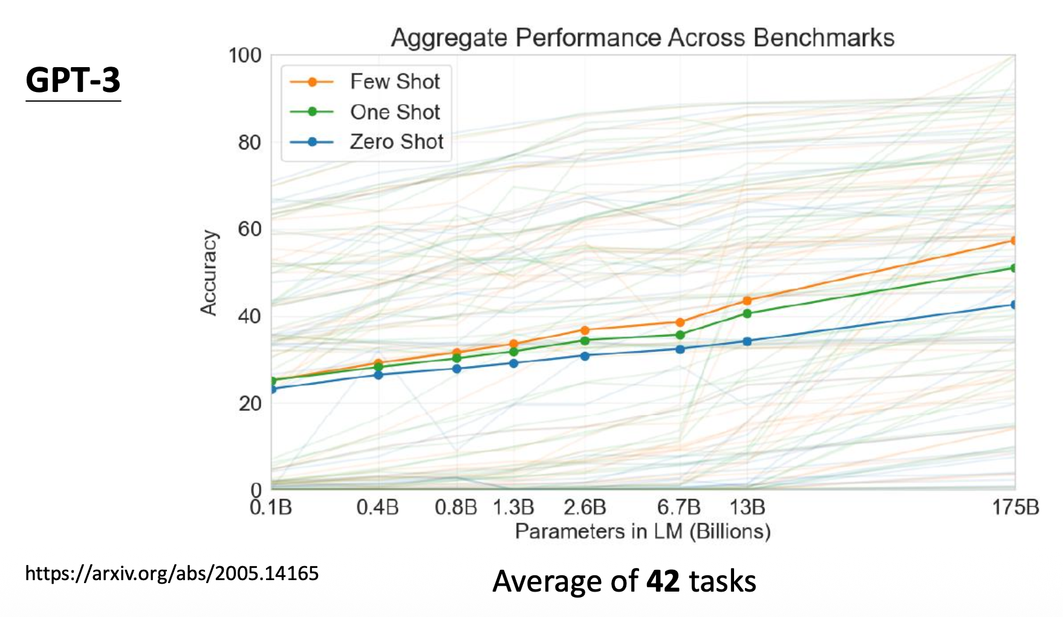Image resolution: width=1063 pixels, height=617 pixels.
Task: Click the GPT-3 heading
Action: (73, 80)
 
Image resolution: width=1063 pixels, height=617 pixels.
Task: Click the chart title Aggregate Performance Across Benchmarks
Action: (642, 38)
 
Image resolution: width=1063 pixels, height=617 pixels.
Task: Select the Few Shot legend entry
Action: (394, 82)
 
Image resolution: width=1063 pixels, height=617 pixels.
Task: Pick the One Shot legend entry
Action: (394, 112)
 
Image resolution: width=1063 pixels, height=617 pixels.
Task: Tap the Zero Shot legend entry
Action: (396, 142)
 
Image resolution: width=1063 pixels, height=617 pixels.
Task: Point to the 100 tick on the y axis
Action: (245, 56)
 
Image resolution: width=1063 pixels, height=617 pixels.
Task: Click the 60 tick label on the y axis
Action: (249, 229)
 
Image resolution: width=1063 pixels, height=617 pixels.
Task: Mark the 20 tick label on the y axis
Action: (249, 403)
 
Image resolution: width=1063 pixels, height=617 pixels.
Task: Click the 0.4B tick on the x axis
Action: (378, 507)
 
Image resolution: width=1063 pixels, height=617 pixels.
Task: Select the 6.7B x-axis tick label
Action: (679, 507)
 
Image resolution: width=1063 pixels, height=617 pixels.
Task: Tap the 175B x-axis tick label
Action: (1015, 507)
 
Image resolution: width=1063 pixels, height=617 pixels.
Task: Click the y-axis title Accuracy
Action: (209, 273)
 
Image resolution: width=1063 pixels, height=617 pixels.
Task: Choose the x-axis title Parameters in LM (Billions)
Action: (643, 532)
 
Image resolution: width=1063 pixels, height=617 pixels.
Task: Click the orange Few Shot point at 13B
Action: (747, 301)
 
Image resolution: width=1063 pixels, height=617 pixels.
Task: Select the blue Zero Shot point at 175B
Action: (1014, 304)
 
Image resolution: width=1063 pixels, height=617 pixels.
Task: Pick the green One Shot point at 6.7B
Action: (680, 335)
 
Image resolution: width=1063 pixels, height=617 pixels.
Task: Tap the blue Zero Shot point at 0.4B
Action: (379, 375)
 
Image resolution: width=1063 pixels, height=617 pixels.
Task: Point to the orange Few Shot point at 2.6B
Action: (585, 330)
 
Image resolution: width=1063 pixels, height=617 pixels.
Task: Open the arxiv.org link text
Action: (172, 573)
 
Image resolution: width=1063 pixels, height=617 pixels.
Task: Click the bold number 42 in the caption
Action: (663, 581)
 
